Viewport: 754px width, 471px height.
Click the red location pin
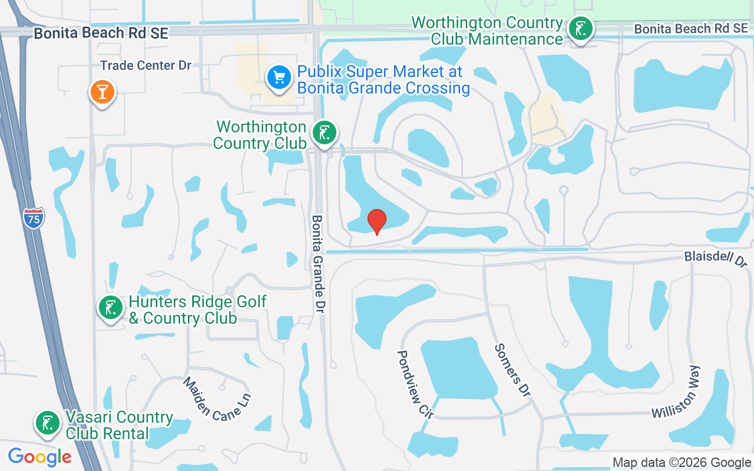click(x=377, y=221)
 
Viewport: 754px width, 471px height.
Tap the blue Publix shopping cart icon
click(x=279, y=78)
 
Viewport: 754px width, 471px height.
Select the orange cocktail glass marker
click(x=102, y=92)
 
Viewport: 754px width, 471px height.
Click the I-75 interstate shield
click(x=34, y=218)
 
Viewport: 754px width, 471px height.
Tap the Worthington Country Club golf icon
click(x=324, y=133)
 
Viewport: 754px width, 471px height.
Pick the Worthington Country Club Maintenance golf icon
click(x=581, y=29)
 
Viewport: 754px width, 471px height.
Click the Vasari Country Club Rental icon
click(x=48, y=423)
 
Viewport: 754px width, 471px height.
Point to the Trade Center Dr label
click(x=145, y=65)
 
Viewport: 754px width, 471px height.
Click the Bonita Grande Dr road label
click(x=318, y=263)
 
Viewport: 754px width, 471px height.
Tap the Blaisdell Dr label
click(x=715, y=258)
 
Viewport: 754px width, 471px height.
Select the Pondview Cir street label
click(x=415, y=384)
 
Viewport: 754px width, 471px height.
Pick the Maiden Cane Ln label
click(x=217, y=398)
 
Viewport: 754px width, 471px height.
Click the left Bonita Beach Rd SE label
click(x=101, y=33)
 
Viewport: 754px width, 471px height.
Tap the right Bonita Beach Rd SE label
click(x=690, y=29)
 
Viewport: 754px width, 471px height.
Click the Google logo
click(x=39, y=456)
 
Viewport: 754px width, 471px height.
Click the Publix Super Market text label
click(x=383, y=80)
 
